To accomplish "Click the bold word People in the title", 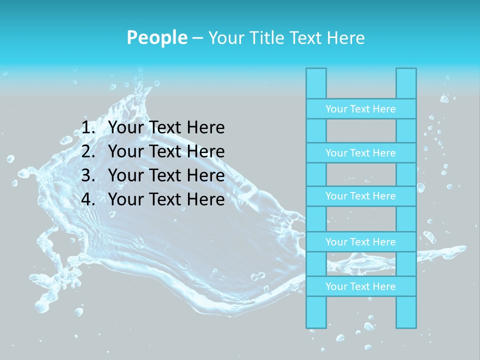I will tap(157, 37).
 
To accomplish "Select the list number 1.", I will tap(87, 128).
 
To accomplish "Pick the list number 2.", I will tap(87, 151).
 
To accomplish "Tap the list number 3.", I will tap(87, 175).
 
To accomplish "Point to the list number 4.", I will tap(87, 199).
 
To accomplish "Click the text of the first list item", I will tap(166, 128).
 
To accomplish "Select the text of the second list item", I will tap(166, 151).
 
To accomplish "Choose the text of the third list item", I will tap(166, 175).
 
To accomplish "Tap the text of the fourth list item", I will tap(166, 199).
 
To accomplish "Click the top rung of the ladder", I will tap(360, 108).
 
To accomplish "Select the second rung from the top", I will tap(360, 152).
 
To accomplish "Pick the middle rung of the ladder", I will tap(360, 196).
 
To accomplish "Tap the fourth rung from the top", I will tap(360, 242).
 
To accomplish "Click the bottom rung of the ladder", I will tap(360, 286).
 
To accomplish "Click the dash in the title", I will tap(197, 38).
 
